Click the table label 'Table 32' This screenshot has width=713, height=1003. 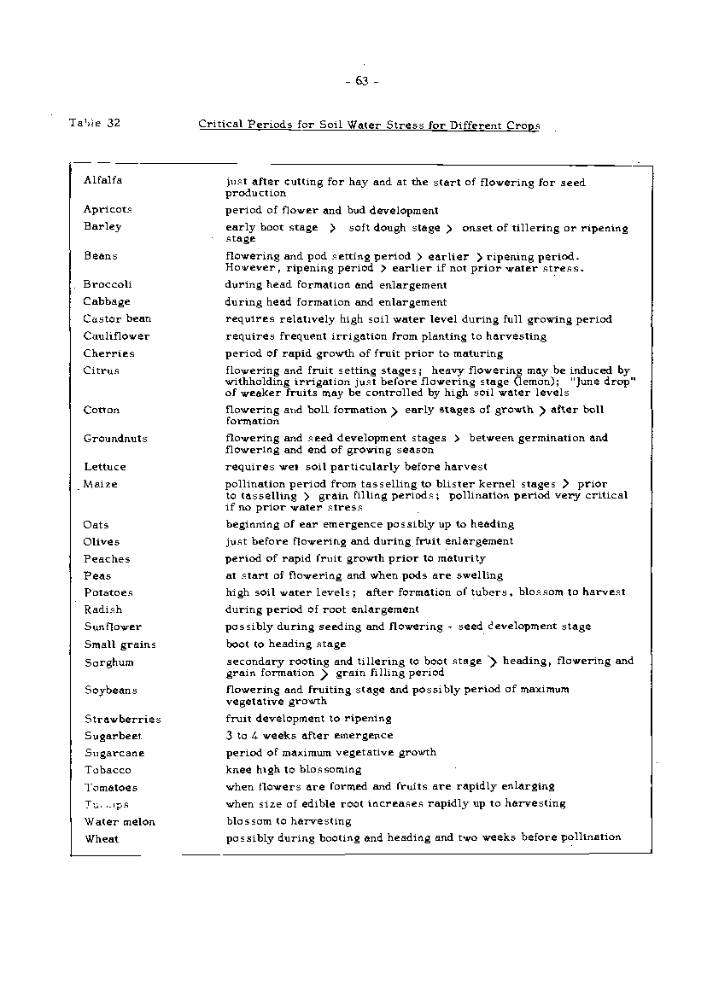pyautogui.click(x=95, y=123)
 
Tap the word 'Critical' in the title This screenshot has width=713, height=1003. pyautogui.click(x=220, y=124)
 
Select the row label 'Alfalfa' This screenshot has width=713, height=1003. pyautogui.click(x=102, y=180)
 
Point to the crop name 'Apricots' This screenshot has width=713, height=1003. pyautogui.click(x=108, y=209)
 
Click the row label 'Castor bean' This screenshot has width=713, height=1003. pyautogui.click(x=117, y=319)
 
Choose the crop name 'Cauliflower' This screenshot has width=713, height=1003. pyautogui.click(x=116, y=336)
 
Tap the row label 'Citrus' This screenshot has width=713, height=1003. pyautogui.click(x=101, y=370)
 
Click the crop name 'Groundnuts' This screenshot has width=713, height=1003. pyautogui.click(x=115, y=439)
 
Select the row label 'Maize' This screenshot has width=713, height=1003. pyautogui.click(x=101, y=484)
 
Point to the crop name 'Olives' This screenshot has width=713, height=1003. pyautogui.click(x=102, y=541)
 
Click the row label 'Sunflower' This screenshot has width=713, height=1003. pyautogui.click(x=113, y=627)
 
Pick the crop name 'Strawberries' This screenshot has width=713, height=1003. pyautogui.click(x=122, y=719)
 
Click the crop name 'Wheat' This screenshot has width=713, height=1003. pyautogui.click(x=102, y=838)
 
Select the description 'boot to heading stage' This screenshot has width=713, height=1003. pyautogui.click(x=285, y=644)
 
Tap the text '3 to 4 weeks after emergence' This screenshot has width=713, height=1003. pyautogui.click(x=309, y=735)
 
